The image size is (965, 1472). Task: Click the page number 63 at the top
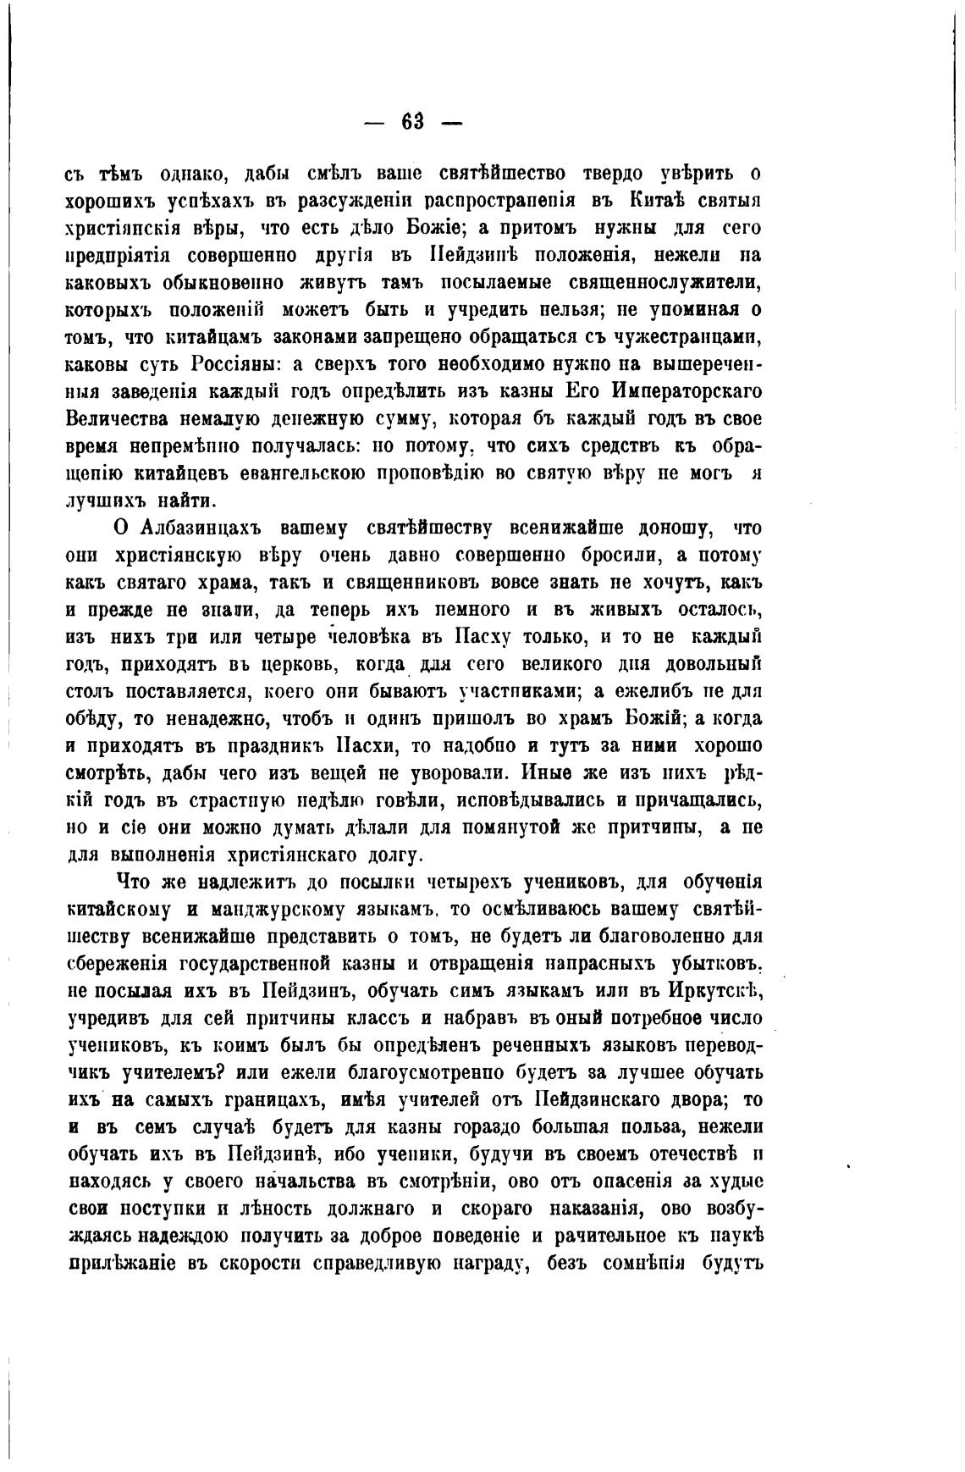[x=412, y=121]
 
